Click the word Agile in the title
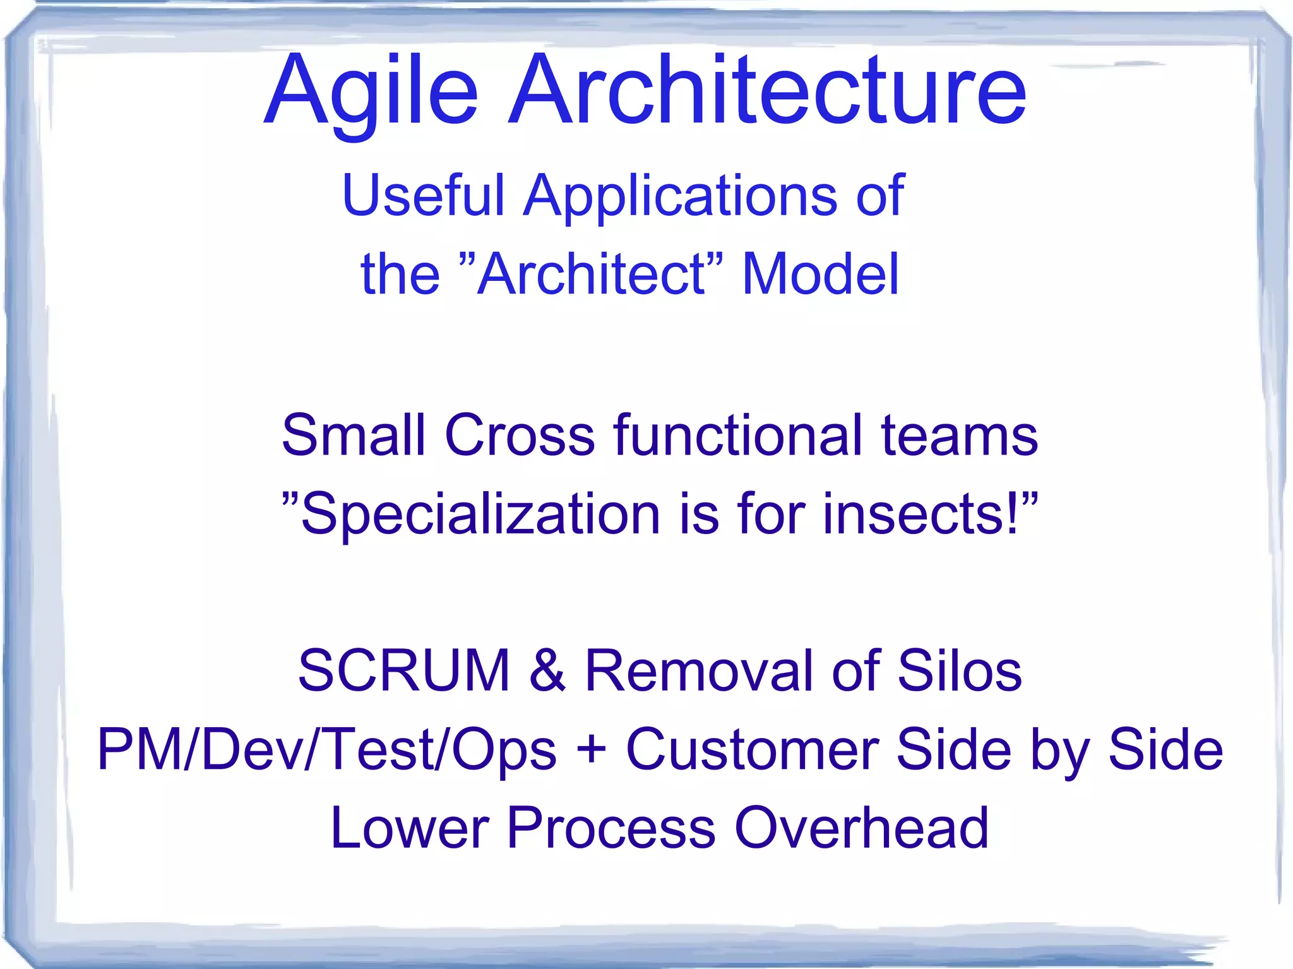[x=371, y=92]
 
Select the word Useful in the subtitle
[x=423, y=196]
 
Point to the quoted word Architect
[x=591, y=274]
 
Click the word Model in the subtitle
[x=819, y=274]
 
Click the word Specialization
[x=480, y=515]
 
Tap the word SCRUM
[x=404, y=670]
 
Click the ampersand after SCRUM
[x=547, y=670]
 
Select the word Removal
[x=700, y=670]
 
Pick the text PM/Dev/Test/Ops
[x=327, y=750]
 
